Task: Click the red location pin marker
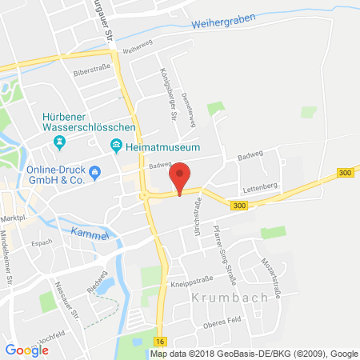181,176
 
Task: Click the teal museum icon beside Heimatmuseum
117,146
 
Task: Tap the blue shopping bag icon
95,170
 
